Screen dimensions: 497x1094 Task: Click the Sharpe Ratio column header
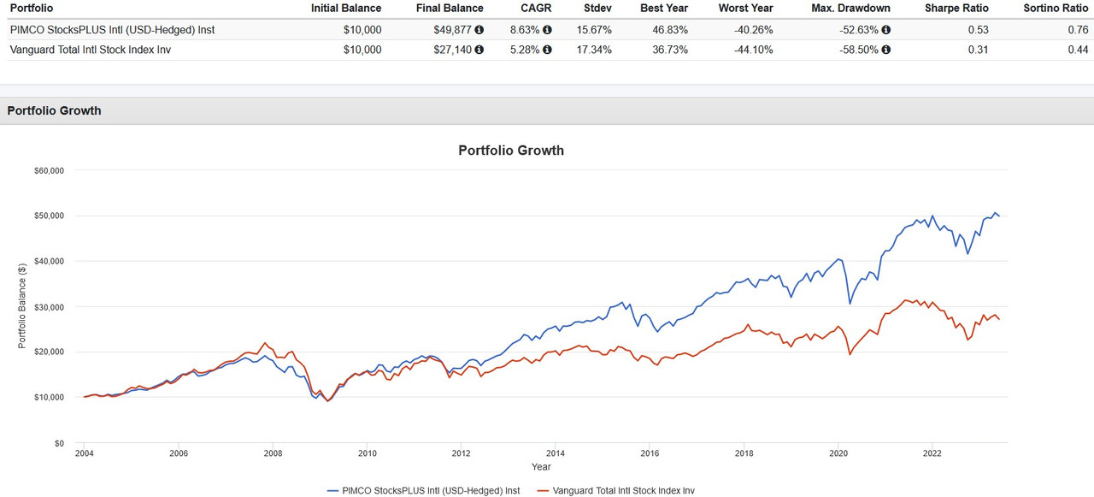click(956, 8)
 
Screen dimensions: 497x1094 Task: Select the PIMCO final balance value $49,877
click(457, 30)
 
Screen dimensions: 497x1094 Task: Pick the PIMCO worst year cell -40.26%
click(751, 30)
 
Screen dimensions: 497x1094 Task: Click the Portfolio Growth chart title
click(511, 151)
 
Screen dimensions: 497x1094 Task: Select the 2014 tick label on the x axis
click(556, 454)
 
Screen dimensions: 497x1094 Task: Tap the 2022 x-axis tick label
click(932, 454)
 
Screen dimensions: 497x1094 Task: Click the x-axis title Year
click(540, 467)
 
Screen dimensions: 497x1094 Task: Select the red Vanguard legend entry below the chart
click(617, 491)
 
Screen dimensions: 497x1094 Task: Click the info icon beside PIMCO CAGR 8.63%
click(547, 30)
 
